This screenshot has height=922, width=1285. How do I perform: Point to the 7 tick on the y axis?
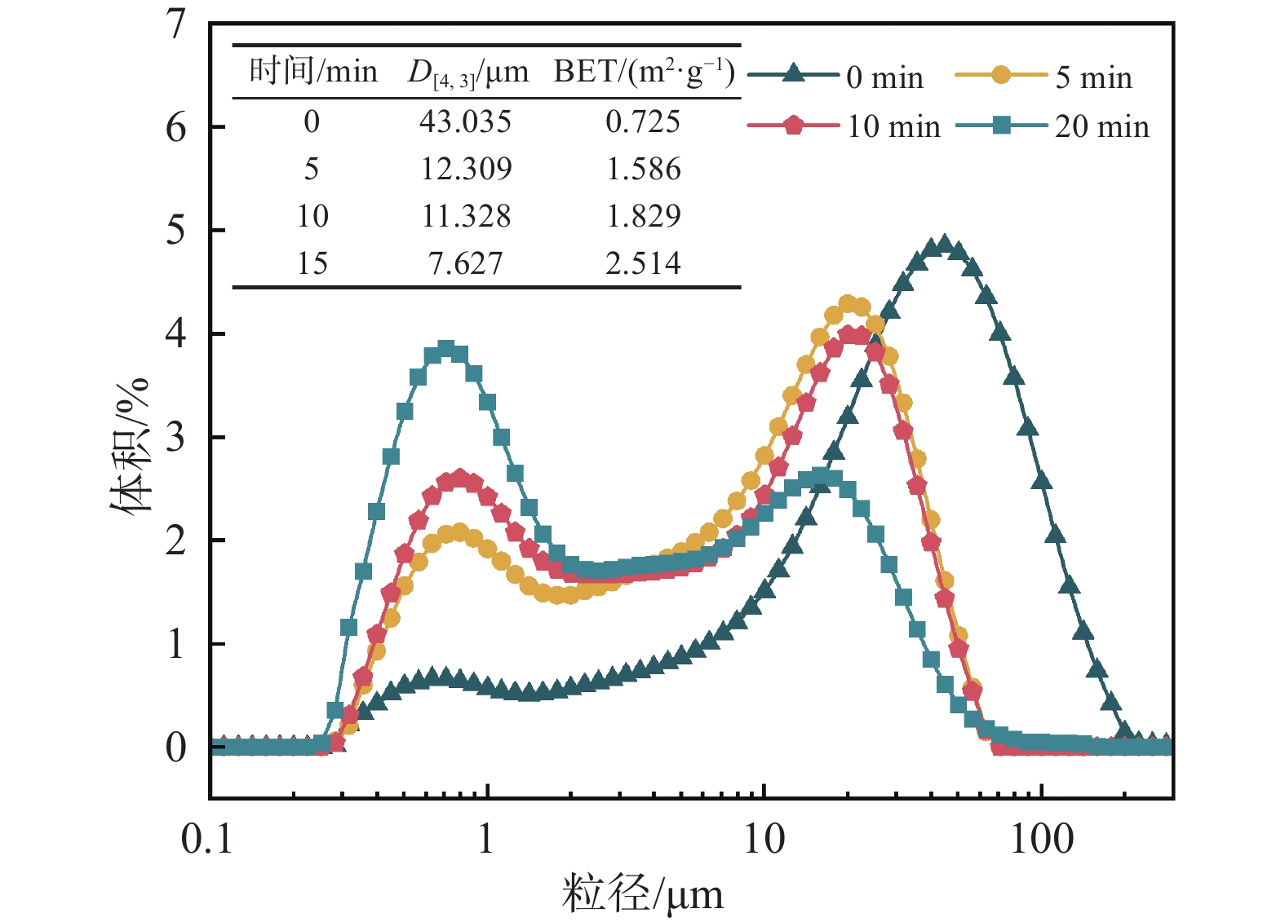tap(176, 24)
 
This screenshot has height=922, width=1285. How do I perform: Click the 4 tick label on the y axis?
tap(176, 334)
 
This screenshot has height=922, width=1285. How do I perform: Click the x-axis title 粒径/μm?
tap(642, 893)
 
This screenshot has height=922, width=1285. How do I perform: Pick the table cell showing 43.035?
tap(465, 122)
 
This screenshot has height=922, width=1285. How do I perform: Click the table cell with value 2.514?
tap(643, 263)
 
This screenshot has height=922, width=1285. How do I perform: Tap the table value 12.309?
tap(466, 170)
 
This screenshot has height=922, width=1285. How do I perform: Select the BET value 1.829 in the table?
tap(643, 216)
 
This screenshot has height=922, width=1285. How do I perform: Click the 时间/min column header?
tap(313, 72)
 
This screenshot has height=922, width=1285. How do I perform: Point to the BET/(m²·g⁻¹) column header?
tap(645, 72)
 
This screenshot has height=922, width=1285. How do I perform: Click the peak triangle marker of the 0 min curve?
tap(944, 244)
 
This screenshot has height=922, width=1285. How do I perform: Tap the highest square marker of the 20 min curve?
tap(445, 349)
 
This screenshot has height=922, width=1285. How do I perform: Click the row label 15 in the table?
tap(312, 263)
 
